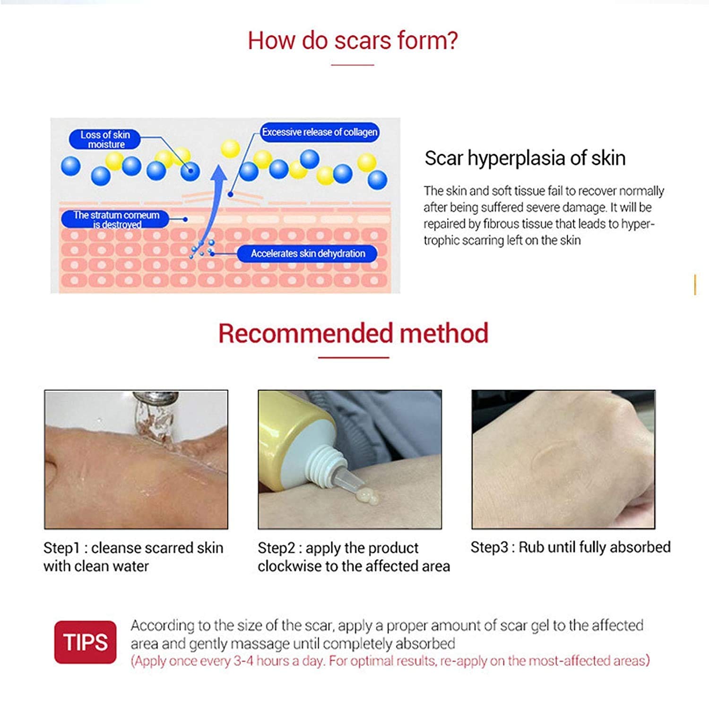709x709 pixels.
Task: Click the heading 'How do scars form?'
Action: pos(353,41)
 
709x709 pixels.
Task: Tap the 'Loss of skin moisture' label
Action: pos(105,139)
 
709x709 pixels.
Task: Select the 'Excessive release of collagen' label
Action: pos(320,132)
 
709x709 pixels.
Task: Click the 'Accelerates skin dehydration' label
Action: pos(308,254)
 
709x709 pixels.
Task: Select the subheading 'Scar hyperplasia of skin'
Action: pos(525,158)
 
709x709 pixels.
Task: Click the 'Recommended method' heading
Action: pos(353,333)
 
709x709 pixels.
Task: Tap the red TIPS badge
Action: pos(85,642)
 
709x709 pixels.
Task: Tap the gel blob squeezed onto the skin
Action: pos(366,497)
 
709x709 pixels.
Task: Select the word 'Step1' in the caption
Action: pos(61,548)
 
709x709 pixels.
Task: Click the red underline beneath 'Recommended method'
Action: pos(353,357)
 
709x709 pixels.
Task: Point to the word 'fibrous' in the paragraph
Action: pos(503,224)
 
